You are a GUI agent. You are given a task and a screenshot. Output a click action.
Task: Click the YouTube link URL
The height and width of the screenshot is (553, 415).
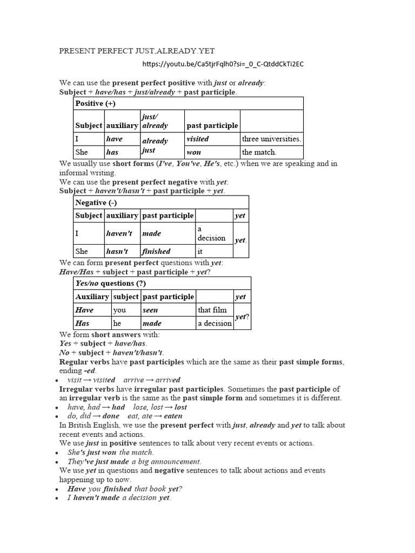pyautogui.click(x=223, y=64)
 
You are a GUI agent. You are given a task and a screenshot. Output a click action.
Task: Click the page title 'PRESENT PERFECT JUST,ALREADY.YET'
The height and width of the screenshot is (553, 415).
pyautogui.click(x=137, y=51)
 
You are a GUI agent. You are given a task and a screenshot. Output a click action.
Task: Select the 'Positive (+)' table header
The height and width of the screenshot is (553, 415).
pyautogui.click(x=89, y=104)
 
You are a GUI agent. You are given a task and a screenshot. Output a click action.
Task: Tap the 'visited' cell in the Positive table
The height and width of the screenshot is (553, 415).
pyautogui.click(x=197, y=139)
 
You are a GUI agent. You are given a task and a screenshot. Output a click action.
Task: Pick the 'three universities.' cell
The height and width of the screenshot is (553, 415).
pyautogui.click(x=271, y=139)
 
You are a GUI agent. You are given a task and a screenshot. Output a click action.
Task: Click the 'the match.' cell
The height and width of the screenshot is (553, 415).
pyautogui.click(x=259, y=152)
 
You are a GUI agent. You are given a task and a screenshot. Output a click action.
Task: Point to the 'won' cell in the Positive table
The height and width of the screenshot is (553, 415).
pyautogui.click(x=193, y=152)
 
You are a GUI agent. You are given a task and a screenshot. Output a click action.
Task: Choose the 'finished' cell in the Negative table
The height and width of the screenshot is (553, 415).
pyautogui.click(x=156, y=251)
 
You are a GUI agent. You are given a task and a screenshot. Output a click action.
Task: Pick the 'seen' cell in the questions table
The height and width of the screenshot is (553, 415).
pyautogui.click(x=150, y=310)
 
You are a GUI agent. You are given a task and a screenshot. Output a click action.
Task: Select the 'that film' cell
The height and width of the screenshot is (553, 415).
pyautogui.click(x=212, y=310)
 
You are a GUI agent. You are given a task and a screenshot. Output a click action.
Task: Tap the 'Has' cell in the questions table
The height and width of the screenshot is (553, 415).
pyautogui.click(x=83, y=323)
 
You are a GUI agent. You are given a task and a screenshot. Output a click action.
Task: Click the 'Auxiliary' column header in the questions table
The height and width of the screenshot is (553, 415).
pyautogui.click(x=92, y=296)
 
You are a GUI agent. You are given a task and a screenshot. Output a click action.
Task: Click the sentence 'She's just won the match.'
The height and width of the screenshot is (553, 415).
pyautogui.click(x=111, y=452)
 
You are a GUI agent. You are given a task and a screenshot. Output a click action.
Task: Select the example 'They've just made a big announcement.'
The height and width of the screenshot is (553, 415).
pyautogui.click(x=134, y=462)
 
